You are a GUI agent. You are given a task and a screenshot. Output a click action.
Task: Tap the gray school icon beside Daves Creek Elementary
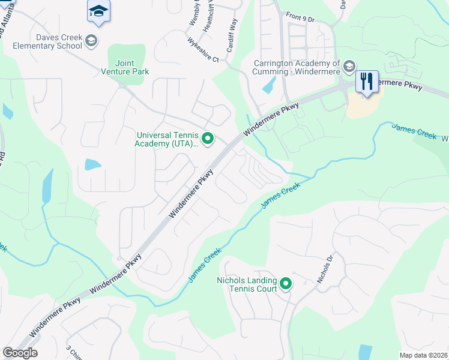point(91,41)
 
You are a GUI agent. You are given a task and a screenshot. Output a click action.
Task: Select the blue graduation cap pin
point(98,11)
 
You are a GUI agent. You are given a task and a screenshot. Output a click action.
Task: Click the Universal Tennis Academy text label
point(167,139)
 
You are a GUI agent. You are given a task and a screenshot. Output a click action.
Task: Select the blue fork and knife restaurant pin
point(367,82)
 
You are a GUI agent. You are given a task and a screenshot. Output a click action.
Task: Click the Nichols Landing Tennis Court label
point(247,284)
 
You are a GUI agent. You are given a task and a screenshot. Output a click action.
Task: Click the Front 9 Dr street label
point(301,18)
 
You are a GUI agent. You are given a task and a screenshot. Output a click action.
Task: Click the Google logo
point(20,353)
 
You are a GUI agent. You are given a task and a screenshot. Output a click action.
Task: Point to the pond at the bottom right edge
point(364,352)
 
